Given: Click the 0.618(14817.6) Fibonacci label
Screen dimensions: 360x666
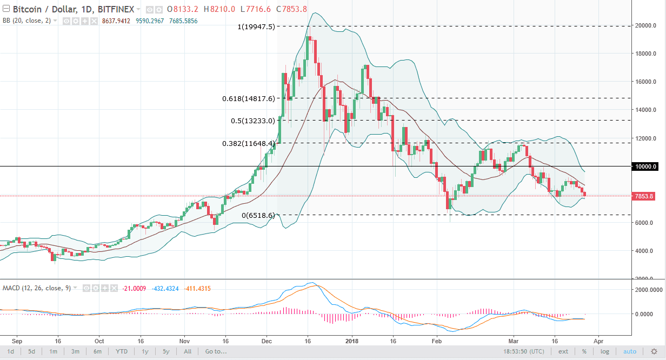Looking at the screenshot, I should [249, 98].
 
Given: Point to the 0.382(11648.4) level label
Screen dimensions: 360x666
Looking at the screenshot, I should [249, 143].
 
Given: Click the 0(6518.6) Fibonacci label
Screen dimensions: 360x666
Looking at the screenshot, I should [258, 215].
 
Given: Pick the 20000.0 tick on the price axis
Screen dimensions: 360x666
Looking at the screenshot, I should [646, 26].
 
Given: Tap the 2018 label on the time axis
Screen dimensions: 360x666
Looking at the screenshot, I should [352, 342].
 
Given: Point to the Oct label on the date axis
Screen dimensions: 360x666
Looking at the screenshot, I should [99, 342].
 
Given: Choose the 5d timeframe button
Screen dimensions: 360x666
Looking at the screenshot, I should [32, 352].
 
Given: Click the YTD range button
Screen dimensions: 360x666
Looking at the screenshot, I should [122, 352].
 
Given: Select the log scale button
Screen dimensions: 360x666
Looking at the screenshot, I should [605, 352].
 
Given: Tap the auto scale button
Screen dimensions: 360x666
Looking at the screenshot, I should [630, 352].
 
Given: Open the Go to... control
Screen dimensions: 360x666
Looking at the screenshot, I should [216, 352].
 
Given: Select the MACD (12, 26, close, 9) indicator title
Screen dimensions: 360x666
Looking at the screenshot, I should [37, 288].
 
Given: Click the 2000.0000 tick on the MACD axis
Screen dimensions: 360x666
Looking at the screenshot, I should [647, 290].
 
